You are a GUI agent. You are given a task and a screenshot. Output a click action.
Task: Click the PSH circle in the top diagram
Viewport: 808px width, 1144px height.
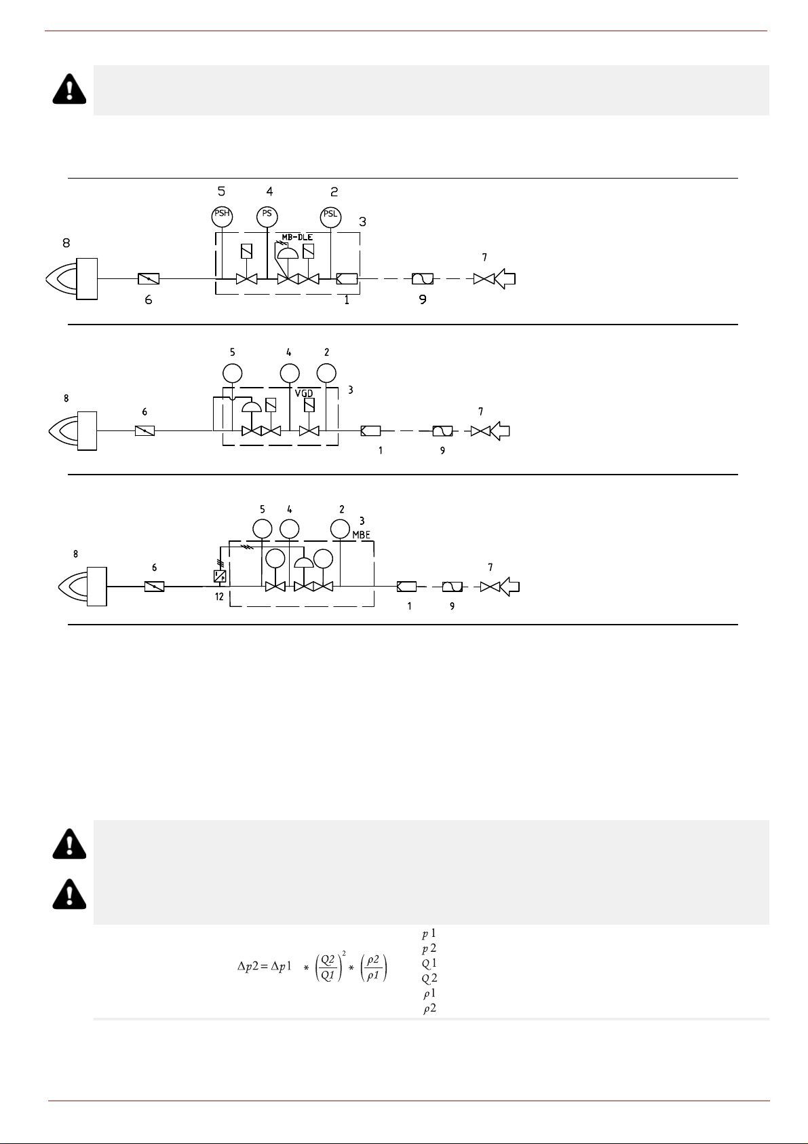(x=222, y=217)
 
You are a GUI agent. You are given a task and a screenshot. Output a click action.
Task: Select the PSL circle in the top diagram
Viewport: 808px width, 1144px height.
(x=331, y=217)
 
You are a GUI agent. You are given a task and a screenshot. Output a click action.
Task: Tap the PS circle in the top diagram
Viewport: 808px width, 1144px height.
(x=267, y=217)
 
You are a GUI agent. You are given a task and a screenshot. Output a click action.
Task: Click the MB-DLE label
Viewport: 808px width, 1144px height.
(x=297, y=238)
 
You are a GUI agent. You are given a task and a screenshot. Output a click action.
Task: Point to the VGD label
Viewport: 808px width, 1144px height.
(x=304, y=393)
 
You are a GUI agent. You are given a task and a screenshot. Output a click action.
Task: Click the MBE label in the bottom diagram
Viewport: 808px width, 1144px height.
(x=362, y=535)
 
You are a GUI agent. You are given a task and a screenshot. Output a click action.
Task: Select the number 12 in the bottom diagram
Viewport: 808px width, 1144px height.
(x=219, y=597)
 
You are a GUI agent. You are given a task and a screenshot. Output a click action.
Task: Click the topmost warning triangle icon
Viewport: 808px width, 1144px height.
(x=69, y=90)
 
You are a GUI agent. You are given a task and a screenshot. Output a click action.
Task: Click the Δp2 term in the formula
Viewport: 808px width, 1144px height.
(x=248, y=965)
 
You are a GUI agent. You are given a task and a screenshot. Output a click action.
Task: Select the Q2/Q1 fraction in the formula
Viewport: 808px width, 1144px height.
(x=328, y=967)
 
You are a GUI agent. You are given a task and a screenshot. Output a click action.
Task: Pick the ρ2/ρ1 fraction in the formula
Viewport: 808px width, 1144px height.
(x=374, y=967)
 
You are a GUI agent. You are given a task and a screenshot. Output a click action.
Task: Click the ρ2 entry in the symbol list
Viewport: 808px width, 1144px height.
(x=429, y=1009)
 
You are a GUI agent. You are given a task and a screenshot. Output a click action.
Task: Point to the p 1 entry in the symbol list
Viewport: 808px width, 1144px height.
(x=429, y=934)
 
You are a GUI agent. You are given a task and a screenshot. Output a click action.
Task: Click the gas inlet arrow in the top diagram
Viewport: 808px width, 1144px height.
(x=505, y=279)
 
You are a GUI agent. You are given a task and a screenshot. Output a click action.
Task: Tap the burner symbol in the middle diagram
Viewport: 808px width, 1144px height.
(x=73, y=431)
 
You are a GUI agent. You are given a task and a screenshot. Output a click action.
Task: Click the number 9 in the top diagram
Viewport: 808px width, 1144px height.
(x=423, y=299)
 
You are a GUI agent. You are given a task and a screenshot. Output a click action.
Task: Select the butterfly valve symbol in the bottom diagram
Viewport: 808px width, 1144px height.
(x=154, y=587)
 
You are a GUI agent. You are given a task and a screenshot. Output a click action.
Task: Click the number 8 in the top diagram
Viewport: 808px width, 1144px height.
(x=66, y=243)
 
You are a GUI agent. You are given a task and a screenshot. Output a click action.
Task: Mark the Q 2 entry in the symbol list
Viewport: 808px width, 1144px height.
(x=429, y=978)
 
